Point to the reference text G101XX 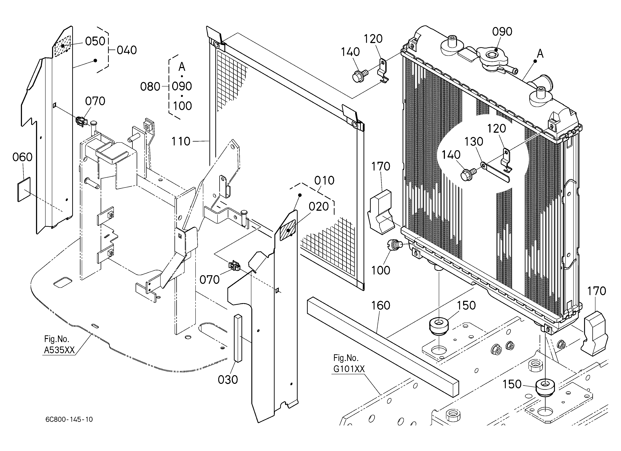(349, 369)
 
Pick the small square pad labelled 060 (24, 189)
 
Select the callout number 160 (381, 305)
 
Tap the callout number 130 (474, 142)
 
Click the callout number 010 (324, 180)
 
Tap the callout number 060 (23, 157)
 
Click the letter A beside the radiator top (540, 54)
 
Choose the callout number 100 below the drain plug (381, 270)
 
